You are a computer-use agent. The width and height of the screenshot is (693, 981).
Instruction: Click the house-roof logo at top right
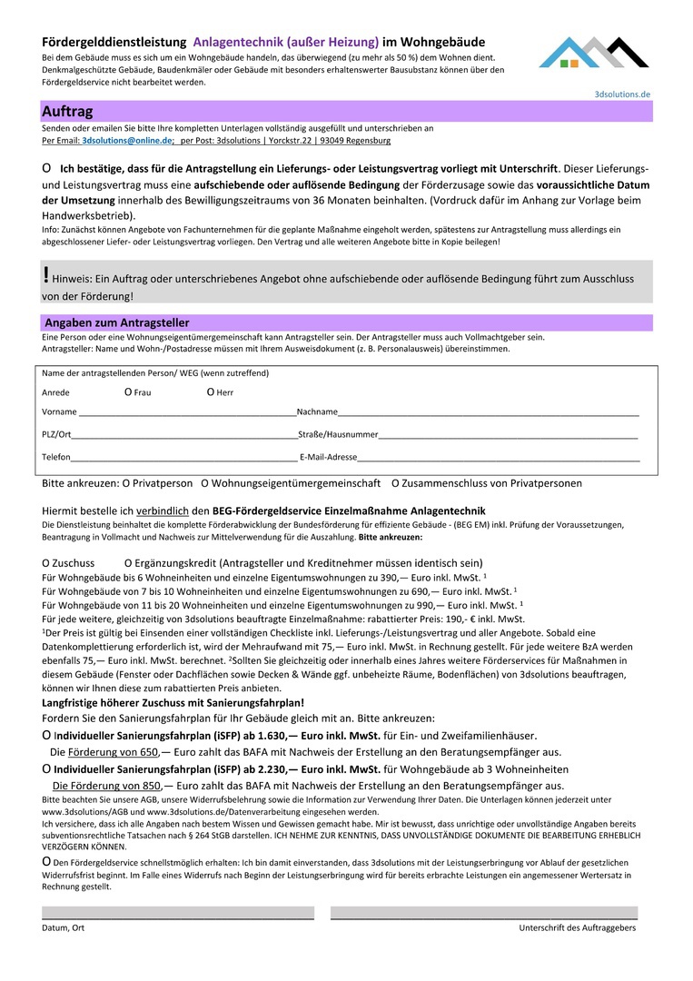[594, 54]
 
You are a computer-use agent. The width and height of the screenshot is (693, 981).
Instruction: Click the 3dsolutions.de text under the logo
[622, 94]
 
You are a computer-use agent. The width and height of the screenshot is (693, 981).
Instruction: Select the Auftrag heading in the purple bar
[67, 112]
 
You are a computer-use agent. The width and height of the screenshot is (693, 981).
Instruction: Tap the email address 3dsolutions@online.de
[126, 142]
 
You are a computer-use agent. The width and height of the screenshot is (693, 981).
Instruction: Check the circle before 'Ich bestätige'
[46, 169]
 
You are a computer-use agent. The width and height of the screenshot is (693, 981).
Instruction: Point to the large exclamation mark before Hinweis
[46, 274]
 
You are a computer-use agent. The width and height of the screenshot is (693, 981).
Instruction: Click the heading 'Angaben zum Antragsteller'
[117, 322]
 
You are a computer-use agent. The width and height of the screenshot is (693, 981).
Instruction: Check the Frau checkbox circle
[128, 392]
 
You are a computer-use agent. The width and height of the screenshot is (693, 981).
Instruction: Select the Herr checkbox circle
[210, 392]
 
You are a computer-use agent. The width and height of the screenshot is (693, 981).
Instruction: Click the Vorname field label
[59, 412]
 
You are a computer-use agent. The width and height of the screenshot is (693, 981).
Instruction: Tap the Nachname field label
[317, 412]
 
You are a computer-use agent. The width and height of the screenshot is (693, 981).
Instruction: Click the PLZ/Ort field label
[56, 435]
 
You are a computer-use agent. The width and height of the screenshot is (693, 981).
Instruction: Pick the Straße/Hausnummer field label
[338, 435]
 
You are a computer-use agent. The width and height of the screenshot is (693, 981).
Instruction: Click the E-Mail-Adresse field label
[328, 458]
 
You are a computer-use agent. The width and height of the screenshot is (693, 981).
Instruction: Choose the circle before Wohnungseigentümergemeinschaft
[205, 484]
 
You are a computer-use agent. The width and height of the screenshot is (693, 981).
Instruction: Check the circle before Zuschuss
[46, 563]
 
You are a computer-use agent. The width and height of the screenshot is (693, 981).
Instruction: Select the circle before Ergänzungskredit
[128, 563]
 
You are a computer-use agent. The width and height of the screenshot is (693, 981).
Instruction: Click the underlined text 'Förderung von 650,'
[113, 752]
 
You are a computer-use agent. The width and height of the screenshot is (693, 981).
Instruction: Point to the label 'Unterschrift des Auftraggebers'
[577, 927]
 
